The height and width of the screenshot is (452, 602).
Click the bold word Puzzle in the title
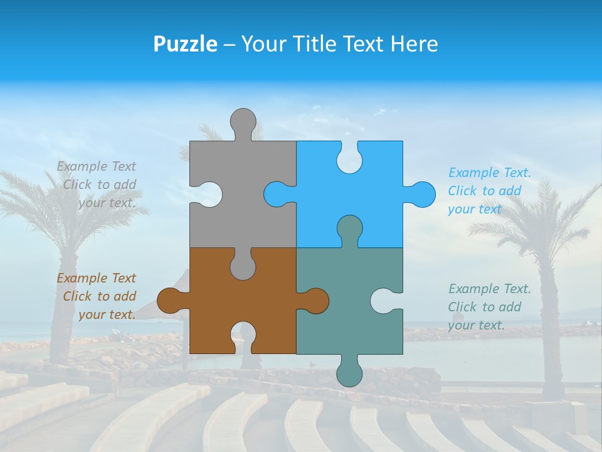pyautogui.click(x=185, y=44)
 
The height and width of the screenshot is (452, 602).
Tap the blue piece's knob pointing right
pyautogui.click(x=421, y=194)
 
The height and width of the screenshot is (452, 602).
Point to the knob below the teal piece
pyautogui.click(x=349, y=374)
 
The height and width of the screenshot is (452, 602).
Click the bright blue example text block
pyautogui.click(x=489, y=191)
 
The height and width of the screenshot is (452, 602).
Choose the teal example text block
pyautogui.click(x=489, y=306)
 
